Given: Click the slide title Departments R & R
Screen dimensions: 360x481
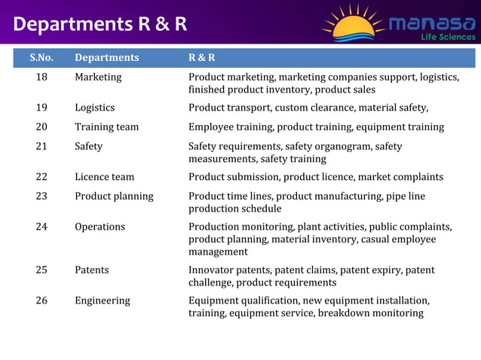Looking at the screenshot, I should [x=100, y=24].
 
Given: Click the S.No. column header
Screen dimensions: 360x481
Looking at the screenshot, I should [x=41, y=57].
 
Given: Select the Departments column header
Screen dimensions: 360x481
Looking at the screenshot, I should [x=106, y=57].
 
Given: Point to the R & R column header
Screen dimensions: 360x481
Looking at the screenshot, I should [x=202, y=57].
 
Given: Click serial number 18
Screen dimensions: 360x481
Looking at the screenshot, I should [x=41, y=77].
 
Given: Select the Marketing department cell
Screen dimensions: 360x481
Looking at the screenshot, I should [x=97, y=77].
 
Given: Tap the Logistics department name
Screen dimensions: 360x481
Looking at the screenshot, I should [x=94, y=107].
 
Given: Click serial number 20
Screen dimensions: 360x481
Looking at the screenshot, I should [x=41, y=127].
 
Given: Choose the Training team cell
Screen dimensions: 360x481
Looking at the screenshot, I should [x=106, y=127].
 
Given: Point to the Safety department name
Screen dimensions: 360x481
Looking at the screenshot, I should [x=88, y=146].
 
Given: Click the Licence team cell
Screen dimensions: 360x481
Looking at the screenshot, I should [x=104, y=176].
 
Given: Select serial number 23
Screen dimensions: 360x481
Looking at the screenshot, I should [x=41, y=196].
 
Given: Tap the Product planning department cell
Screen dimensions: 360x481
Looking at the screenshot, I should [x=113, y=196].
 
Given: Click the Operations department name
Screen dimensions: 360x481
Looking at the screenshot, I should [x=100, y=226].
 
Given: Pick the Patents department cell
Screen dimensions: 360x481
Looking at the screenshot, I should [x=91, y=270].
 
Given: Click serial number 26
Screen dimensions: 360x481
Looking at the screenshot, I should [x=41, y=300].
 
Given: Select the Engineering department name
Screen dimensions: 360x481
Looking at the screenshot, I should [x=102, y=300].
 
